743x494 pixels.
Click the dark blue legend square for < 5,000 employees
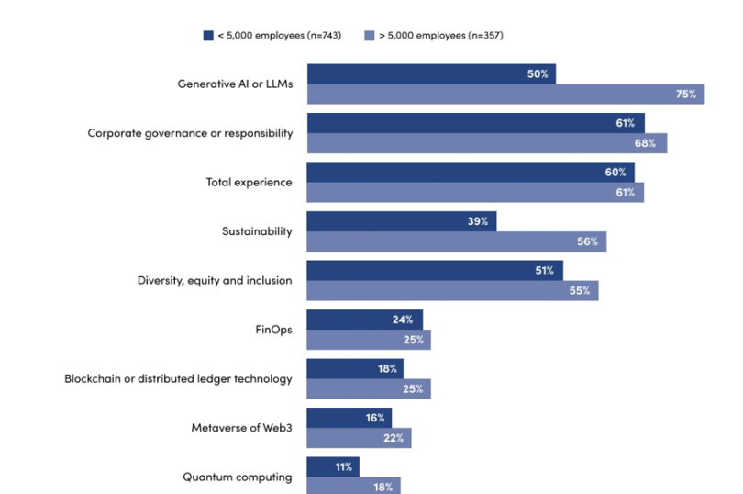pos(208,36)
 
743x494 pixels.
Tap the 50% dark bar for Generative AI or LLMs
pos(431,73)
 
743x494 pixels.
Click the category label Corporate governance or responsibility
pos(190,133)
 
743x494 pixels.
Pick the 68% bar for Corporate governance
pos(486,143)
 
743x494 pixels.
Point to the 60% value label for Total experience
pos(615,173)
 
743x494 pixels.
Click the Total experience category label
pos(249,182)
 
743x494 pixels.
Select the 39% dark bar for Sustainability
pos(401,221)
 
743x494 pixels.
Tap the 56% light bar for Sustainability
pos(456,241)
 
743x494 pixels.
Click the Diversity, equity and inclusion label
pos(215,280)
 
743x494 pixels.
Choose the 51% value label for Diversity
pos(545,271)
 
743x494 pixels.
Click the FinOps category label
pos(273,329)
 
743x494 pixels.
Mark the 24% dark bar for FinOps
pos(364,320)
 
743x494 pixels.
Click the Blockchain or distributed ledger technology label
pos(178,378)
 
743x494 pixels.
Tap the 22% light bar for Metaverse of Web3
pos(359,438)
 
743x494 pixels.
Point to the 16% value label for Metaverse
pos(374,418)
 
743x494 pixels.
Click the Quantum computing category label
pos(237,477)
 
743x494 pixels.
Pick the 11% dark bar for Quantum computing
pos(332,466)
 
